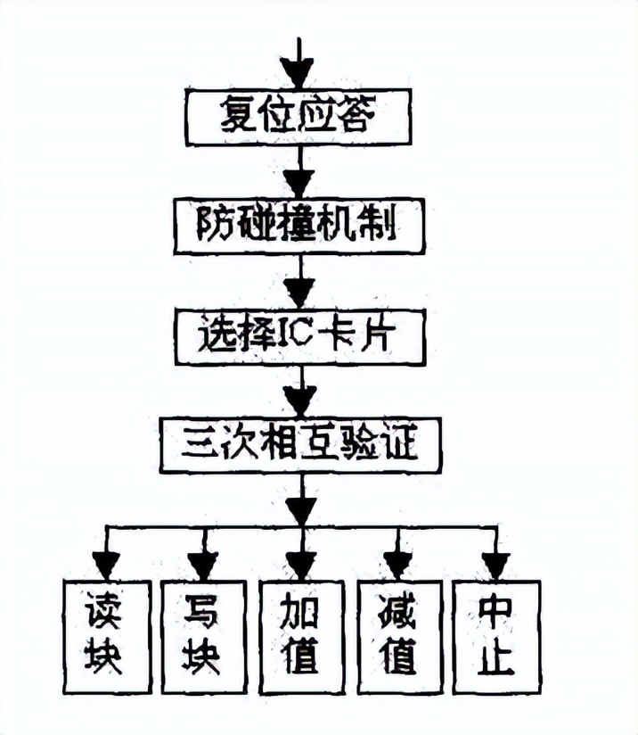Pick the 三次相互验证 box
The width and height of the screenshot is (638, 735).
tap(301, 445)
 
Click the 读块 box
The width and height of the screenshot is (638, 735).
tap(106, 636)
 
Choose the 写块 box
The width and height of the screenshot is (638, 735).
tap(203, 636)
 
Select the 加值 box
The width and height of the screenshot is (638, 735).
tap(301, 636)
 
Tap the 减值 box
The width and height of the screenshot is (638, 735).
tap(398, 636)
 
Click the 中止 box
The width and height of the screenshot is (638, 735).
tap(495, 636)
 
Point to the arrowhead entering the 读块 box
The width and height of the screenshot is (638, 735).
tap(106, 565)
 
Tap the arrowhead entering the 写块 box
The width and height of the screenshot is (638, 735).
tap(203, 565)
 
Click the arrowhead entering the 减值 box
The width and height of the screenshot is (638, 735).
tap(398, 565)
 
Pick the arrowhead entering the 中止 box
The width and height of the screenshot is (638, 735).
tap(495, 565)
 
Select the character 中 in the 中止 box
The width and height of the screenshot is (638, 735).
tap(495, 612)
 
